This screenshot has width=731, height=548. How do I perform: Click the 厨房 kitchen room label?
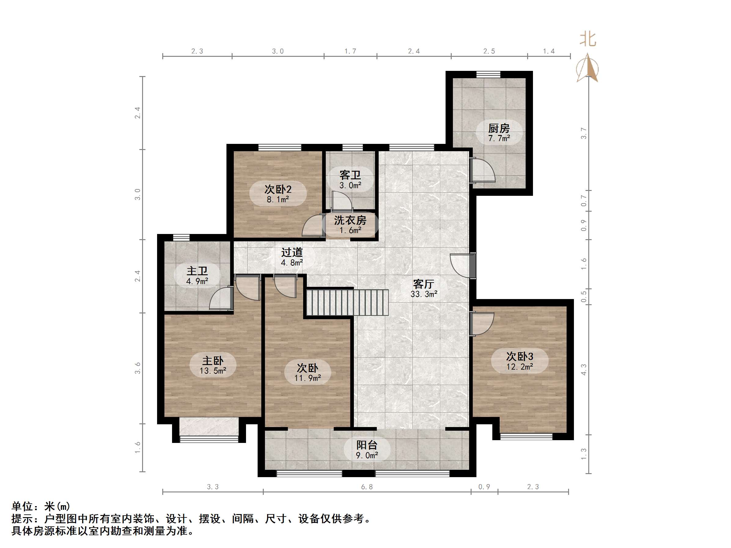click(499, 132)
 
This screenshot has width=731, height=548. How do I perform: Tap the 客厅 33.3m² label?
click(424, 288)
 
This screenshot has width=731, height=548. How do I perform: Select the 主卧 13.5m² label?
click(212, 365)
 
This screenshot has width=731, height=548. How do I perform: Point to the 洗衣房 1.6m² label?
click(350, 225)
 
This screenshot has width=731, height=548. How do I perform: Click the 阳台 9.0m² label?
click(366, 450)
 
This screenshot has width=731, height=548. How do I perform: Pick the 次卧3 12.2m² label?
click(520, 361)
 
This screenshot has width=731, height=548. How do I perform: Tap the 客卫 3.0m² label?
click(350, 179)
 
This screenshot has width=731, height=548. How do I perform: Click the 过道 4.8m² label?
click(292, 257)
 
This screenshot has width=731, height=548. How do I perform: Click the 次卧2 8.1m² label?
click(277, 194)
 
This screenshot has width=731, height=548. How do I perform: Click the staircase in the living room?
click(347, 302)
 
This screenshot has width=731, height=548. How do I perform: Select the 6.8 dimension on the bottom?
click(366, 487)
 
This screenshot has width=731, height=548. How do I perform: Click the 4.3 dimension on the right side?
click(584, 369)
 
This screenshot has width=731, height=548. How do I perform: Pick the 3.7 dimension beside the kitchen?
click(584, 133)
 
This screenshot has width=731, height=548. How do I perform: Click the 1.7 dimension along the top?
click(350, 51)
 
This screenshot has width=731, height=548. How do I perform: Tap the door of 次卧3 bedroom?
click(482, 324)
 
